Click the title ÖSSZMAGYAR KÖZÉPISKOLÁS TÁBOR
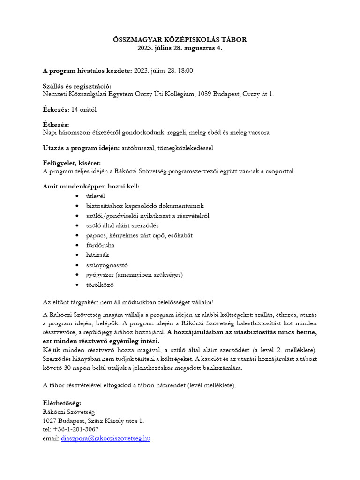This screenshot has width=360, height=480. point(180,40)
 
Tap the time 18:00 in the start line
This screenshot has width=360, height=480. point(184,71)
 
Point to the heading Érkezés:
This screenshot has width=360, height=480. point(56,110)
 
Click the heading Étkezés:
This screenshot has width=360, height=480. point(56,125)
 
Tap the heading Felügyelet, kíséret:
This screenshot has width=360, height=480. point(71,163)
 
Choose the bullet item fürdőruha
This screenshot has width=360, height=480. point(100,245)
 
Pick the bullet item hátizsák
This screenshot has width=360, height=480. point(97,255)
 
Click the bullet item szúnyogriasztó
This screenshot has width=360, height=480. point(107,265)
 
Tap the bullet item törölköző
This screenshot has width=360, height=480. point(100,285)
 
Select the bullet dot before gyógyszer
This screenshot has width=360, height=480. point(77,275)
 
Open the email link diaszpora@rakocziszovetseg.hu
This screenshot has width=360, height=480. point(105,439)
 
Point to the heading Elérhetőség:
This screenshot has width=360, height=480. point(62,403)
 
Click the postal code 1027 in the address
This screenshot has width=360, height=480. point(50,421)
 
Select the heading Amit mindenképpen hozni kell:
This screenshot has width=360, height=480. point(91,187)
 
